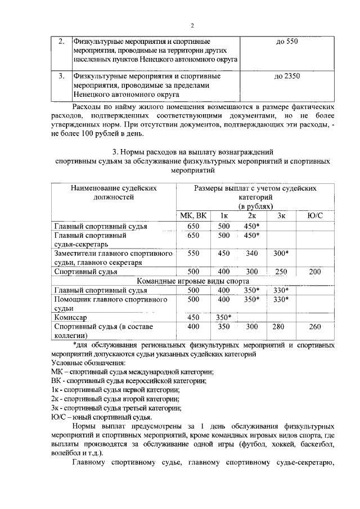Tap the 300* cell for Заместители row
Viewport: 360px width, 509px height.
coord(282,253)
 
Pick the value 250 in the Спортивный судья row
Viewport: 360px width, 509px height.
coord(282,272)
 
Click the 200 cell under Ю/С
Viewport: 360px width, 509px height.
coord(316,272)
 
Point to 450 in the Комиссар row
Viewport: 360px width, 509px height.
coord(193,317)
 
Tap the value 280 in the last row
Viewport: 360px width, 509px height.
coord(282,326)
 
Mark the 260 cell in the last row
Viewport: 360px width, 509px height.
coord(316,326)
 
